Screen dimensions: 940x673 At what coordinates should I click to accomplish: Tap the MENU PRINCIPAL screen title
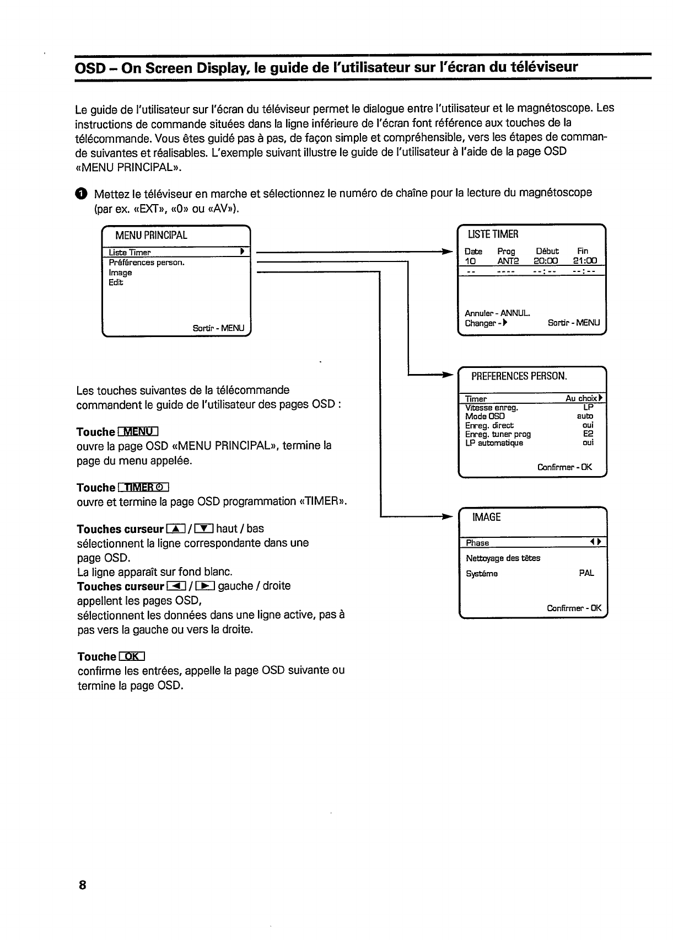(x=151, y=236)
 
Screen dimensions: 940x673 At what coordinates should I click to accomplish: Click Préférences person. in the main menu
(x=147, y=263)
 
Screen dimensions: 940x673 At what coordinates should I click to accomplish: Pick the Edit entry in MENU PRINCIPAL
(x=116, y=282)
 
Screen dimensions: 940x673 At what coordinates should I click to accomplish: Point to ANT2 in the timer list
(x=508, y=261)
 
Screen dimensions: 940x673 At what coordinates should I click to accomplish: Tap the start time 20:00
(x=546, y=261)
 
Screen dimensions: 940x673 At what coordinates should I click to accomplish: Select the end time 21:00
(x=585, y=261)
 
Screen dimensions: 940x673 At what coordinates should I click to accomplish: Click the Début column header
(x=547, y=251)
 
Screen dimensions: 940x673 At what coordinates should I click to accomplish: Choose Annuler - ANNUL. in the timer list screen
(x=497, y=313)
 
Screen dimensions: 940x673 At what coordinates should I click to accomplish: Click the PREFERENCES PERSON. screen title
(x=519, y=376)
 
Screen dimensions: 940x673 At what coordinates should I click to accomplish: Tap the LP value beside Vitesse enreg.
(x=588, y=407)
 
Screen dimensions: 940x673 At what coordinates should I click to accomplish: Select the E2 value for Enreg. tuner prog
(x=588, y=434)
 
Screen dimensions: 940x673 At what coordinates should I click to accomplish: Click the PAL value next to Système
(x=586, y=573)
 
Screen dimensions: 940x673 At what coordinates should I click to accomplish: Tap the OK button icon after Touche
(x=131, y=656)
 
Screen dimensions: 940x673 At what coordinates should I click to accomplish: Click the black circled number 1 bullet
(x=81, y=194)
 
